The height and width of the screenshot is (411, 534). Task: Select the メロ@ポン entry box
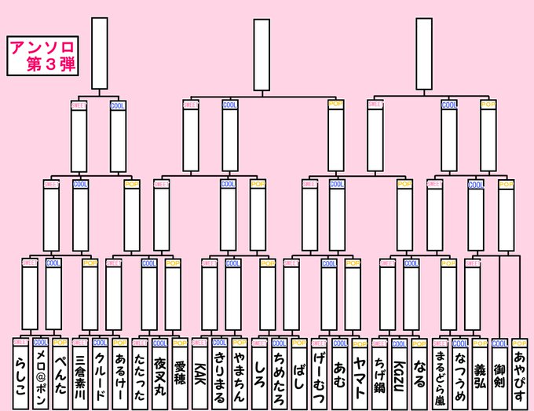(x=41, y=376)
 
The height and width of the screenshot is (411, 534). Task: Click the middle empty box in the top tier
(x=262, y=53)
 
